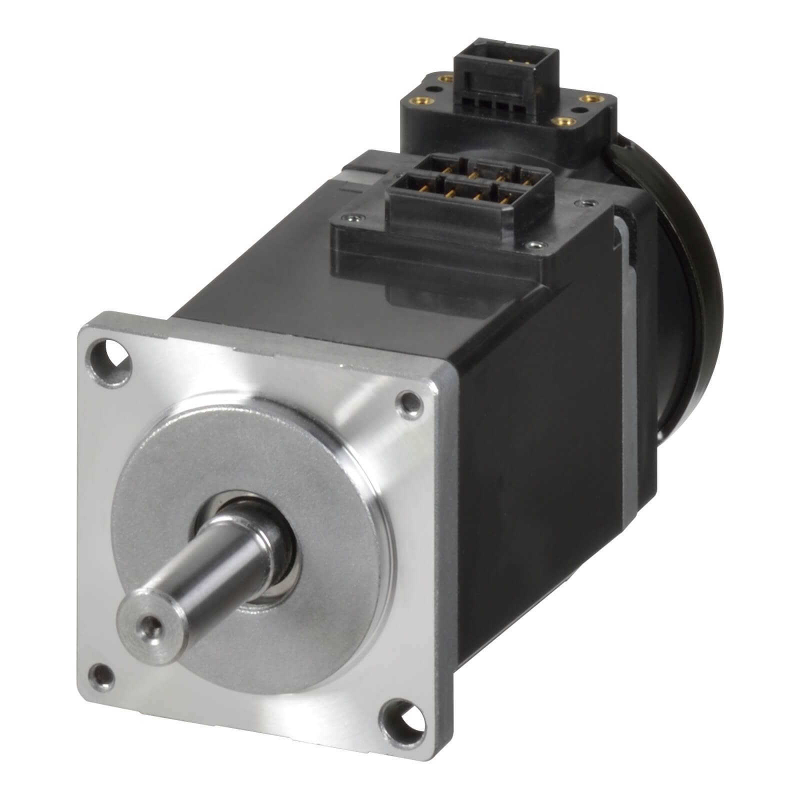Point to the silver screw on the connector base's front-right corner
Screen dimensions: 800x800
pyautogui.click(x=534, y=245)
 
